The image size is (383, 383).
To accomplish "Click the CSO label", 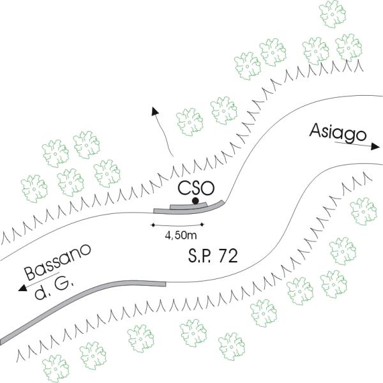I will [194, 188].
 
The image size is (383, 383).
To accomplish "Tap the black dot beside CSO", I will [195, 202].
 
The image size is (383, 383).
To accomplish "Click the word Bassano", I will [58, 262].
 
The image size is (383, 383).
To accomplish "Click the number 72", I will [228, 257].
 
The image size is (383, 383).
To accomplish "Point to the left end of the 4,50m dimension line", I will [153, 224].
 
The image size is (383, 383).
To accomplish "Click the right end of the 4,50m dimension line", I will [203, 224].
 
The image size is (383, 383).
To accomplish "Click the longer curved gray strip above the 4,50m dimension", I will [191, 209].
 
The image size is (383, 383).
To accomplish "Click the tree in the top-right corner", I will [348, 46].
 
